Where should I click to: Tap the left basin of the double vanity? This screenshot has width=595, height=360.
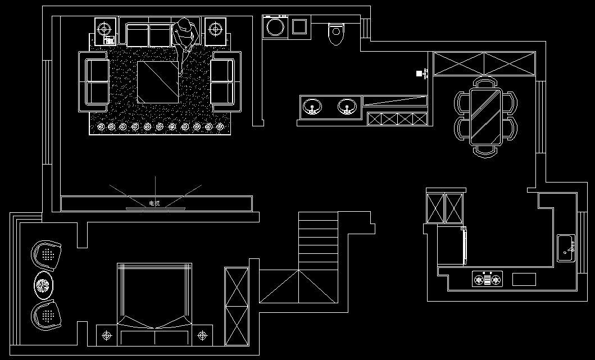coord(312,107)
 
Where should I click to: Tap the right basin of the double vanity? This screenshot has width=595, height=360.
coord(347,107)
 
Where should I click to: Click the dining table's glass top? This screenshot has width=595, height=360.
coord(485,116)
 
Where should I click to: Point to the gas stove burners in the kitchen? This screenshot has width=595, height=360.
coord(487,279)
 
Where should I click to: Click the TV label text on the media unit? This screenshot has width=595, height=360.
coord(154,203)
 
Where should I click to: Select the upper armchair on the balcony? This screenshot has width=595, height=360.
coord(46,256)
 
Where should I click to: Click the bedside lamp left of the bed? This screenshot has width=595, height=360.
coord(107,336)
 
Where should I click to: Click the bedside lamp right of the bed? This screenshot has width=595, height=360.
coord(203,336)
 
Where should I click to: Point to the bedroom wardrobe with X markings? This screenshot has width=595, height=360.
coord(236,306)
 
